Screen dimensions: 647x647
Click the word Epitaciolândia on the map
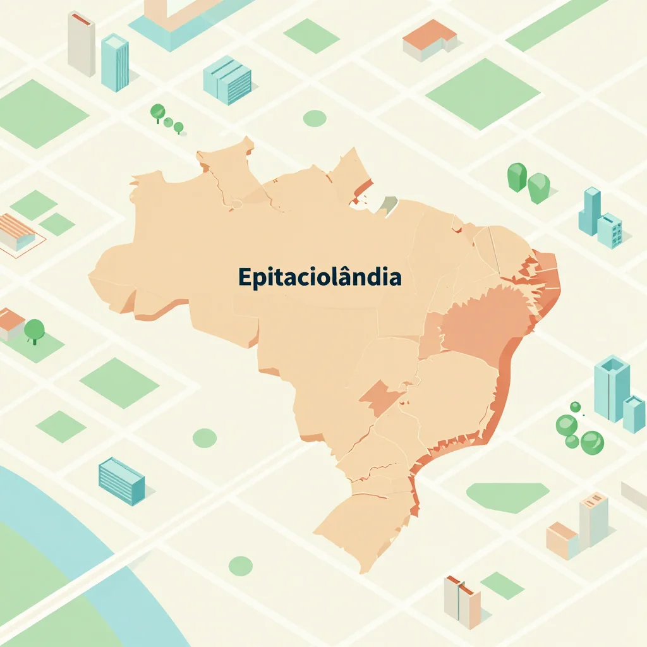point(319,277)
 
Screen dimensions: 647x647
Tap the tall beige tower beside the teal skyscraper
point(82,43)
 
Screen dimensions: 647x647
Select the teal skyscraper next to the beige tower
point(115,61)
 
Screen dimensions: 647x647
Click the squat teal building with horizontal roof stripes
point(227,80)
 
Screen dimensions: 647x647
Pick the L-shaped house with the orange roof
point(430,39)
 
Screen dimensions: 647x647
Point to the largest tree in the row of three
point(157,112)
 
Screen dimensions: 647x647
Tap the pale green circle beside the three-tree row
point(314,118)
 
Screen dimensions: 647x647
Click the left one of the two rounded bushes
point(517,177)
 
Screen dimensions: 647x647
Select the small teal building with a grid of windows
point(610,231)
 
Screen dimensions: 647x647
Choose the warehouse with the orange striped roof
point(15,231)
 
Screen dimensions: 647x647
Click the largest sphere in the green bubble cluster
point(592,442)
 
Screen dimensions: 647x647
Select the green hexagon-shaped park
point(507,497)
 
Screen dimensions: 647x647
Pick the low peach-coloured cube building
point(562,540)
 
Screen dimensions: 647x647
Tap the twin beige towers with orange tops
point(462,600)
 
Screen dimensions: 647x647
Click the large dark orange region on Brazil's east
point(483,322)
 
